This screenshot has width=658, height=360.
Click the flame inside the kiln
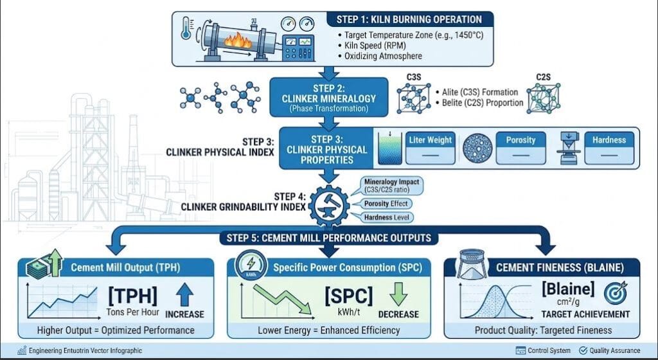238,41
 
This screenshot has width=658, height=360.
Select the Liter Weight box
430,148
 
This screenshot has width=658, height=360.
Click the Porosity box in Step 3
520,148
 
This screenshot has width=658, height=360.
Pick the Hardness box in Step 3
609,148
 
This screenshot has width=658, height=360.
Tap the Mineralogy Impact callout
391,185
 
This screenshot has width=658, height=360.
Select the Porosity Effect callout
386,204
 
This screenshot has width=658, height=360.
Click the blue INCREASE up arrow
184,294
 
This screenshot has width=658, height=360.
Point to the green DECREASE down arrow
398,294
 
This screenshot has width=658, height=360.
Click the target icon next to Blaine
616,292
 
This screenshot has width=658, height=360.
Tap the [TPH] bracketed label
132,296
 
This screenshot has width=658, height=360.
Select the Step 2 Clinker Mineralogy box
328,97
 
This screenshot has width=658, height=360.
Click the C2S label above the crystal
543,77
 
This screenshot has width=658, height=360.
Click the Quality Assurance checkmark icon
583,350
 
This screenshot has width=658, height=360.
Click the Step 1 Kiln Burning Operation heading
409,20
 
